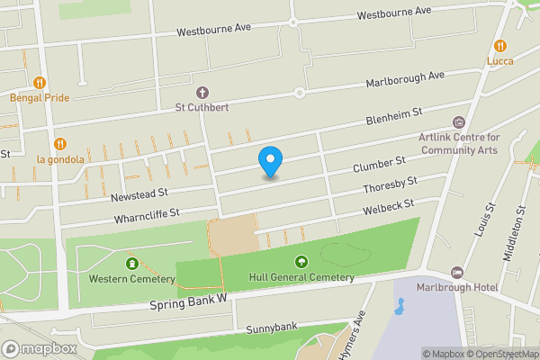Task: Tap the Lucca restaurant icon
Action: pyautogui.click(x=500, y=46)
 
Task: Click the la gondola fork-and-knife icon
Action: pyautogui.click(x=60, y=144)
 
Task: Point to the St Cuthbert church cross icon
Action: pyautogui.click(x=202, y=93)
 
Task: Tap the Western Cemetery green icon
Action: pyautogui.click(x=133, y=264)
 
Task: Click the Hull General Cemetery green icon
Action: pyautogui.click(x=301, y=262)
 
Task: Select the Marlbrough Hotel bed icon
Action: pyautogui.click(x=456, y=272)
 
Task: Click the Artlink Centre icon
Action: pyautogui.click(x=459, y=122)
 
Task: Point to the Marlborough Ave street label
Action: pyautogui.click(x=405, y=81)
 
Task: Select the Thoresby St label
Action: pyautogui.click(x=390, y=186)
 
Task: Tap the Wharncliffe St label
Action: pyautogui.click(x=148, y=216)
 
